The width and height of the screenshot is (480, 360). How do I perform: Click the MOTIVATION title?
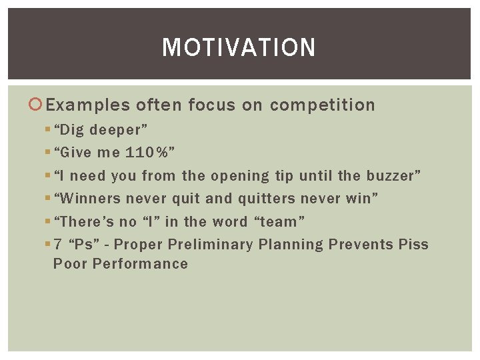[x=239, y=47]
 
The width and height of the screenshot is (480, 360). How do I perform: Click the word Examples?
[x=88, y=105]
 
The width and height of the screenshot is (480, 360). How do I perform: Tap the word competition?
[x=323, y=105]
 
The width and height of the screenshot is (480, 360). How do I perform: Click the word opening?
[x=240, y=176]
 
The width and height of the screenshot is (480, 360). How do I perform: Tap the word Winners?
[x=90, y=199]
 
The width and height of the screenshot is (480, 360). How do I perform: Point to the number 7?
[x=58, y=244]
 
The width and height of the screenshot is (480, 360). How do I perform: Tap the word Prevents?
[x=361, y=244]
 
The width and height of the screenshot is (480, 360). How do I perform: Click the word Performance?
[x=141, y=263]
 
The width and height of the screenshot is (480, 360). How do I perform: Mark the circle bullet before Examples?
[x=38, y=105]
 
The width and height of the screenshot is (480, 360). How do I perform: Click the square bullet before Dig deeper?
[x=47, y=130]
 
